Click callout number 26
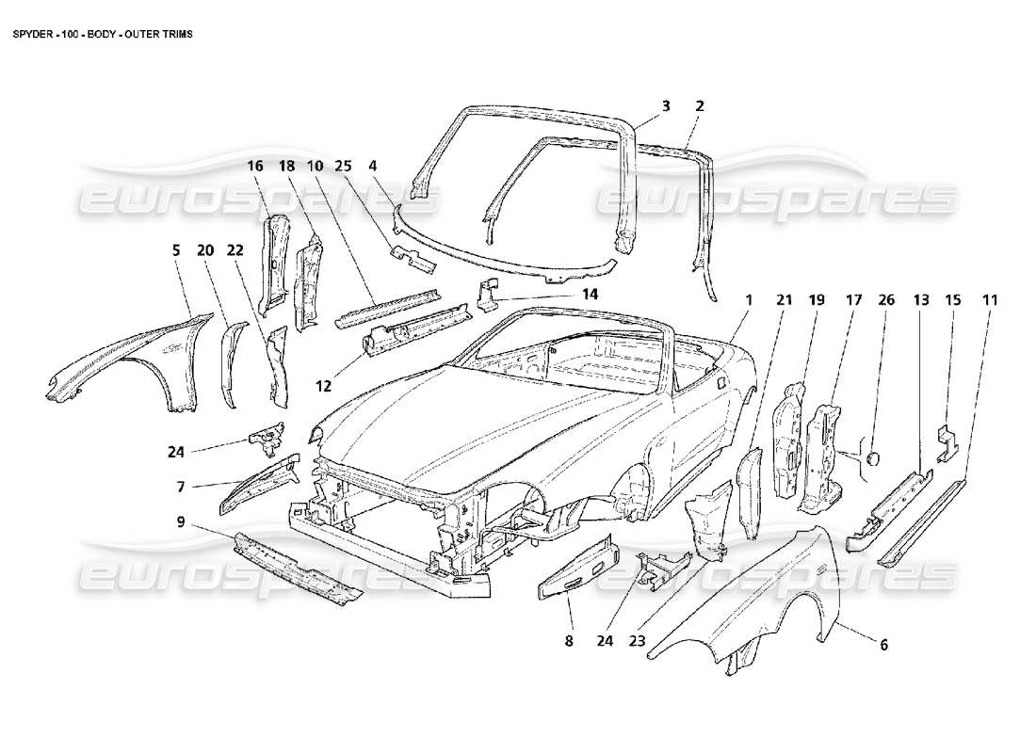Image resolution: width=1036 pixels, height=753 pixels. tap(886, 300)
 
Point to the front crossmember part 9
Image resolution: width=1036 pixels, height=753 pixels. tap(297, 569)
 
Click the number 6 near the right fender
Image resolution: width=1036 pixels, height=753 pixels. tap(883, 645)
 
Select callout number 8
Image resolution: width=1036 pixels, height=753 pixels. tap(569, 641)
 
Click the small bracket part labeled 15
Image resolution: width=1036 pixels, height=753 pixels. tap(945, 441)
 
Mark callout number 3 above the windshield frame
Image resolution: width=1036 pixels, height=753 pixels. tap(665, 106)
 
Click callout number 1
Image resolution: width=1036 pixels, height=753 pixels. tap(750, 300)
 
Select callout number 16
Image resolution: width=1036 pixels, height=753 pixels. tap(255, 166)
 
